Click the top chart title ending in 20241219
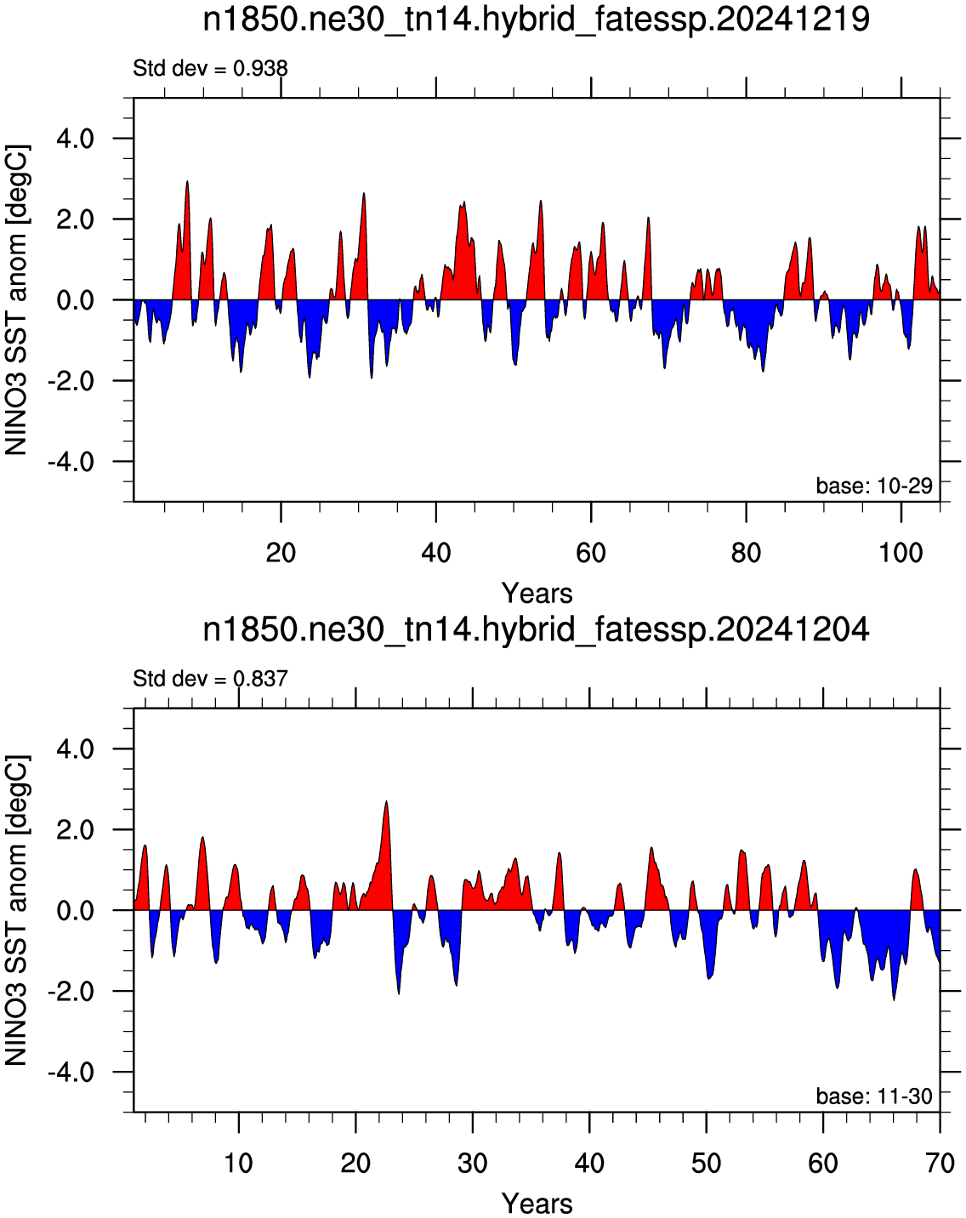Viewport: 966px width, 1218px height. (536, 20)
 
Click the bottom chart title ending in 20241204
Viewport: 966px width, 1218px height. (536, 630)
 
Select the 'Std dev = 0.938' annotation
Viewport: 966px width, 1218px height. (210, 69)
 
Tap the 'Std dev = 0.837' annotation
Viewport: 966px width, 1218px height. (210, 678)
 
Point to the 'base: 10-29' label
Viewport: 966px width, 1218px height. (874, 486)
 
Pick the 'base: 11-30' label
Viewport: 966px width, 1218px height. (874, 1096)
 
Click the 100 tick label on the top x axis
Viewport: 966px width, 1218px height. (901, 552)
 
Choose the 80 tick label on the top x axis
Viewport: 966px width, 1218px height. (746, 552)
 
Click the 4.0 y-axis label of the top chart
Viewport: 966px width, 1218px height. (76, 139)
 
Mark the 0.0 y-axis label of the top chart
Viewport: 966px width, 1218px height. (76, 300)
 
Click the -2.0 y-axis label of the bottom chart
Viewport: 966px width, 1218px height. (71, 991)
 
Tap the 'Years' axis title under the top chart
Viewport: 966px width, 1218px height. (537, 594)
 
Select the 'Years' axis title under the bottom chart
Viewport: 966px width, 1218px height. (537, 1204)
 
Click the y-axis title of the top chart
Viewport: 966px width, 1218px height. (16, 300)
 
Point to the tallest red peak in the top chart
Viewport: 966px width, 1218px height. (187, 182)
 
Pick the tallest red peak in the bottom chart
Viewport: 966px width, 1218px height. (386, 802)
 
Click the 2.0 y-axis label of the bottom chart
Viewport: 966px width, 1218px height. (76, 830)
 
